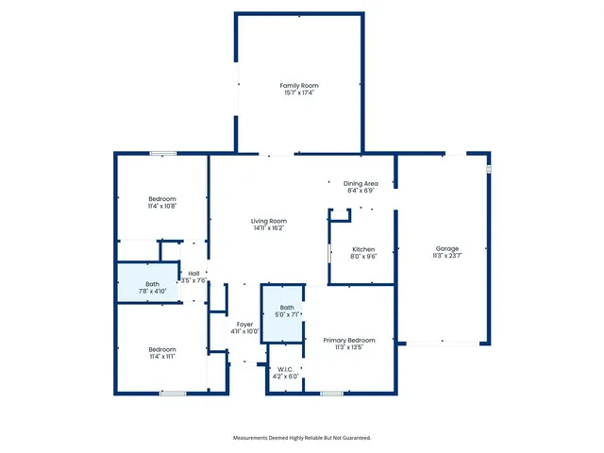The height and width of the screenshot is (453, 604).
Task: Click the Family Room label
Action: click(x=298, y=86)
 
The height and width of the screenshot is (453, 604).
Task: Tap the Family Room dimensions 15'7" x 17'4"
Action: click(x=298, y=93)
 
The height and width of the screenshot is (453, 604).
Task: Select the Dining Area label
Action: click(x=361, y=183)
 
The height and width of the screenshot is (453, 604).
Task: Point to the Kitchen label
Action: click(x=363, y=249)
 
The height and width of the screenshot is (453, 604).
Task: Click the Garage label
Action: click(x=446, y=249)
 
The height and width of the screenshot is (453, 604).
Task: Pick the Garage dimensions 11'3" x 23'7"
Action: click(x=446, y=256)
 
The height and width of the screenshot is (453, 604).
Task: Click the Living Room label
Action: click(x=269, y=221)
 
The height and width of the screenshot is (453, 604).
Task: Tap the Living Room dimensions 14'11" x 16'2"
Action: click(x=269, y=228)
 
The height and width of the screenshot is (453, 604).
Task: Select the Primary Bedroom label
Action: click(x=349, y=340)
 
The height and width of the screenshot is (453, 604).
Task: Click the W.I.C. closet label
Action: click(x=287, y=369)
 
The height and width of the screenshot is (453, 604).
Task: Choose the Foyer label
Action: click(x=243, y=325)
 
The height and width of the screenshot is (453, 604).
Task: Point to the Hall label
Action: click(x=193, y=273)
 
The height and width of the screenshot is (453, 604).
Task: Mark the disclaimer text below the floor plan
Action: click(x=302, y=438)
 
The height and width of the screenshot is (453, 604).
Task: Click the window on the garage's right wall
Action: click(x=489, y=168)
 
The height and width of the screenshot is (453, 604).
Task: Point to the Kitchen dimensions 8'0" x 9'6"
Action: click(x=363, y=256)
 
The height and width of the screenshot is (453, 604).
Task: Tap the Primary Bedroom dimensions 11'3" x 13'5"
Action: click(x=349, y=347)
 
